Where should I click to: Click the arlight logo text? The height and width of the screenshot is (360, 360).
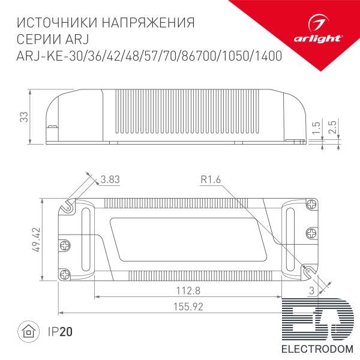click(318, 38)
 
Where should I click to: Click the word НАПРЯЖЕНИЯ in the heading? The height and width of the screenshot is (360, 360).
click(148, 23)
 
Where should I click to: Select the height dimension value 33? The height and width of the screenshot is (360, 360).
click(24, 117)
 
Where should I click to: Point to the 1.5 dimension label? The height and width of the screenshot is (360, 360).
click(316, 127)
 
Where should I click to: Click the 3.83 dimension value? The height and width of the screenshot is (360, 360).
click(110, 179)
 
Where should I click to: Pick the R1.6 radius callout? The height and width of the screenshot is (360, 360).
click(211, 179)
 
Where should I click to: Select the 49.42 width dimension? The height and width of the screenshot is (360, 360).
click(36, 240)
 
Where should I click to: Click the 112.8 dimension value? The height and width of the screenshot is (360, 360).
click(188, 290)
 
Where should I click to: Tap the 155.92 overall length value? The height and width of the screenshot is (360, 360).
click(188, 307)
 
